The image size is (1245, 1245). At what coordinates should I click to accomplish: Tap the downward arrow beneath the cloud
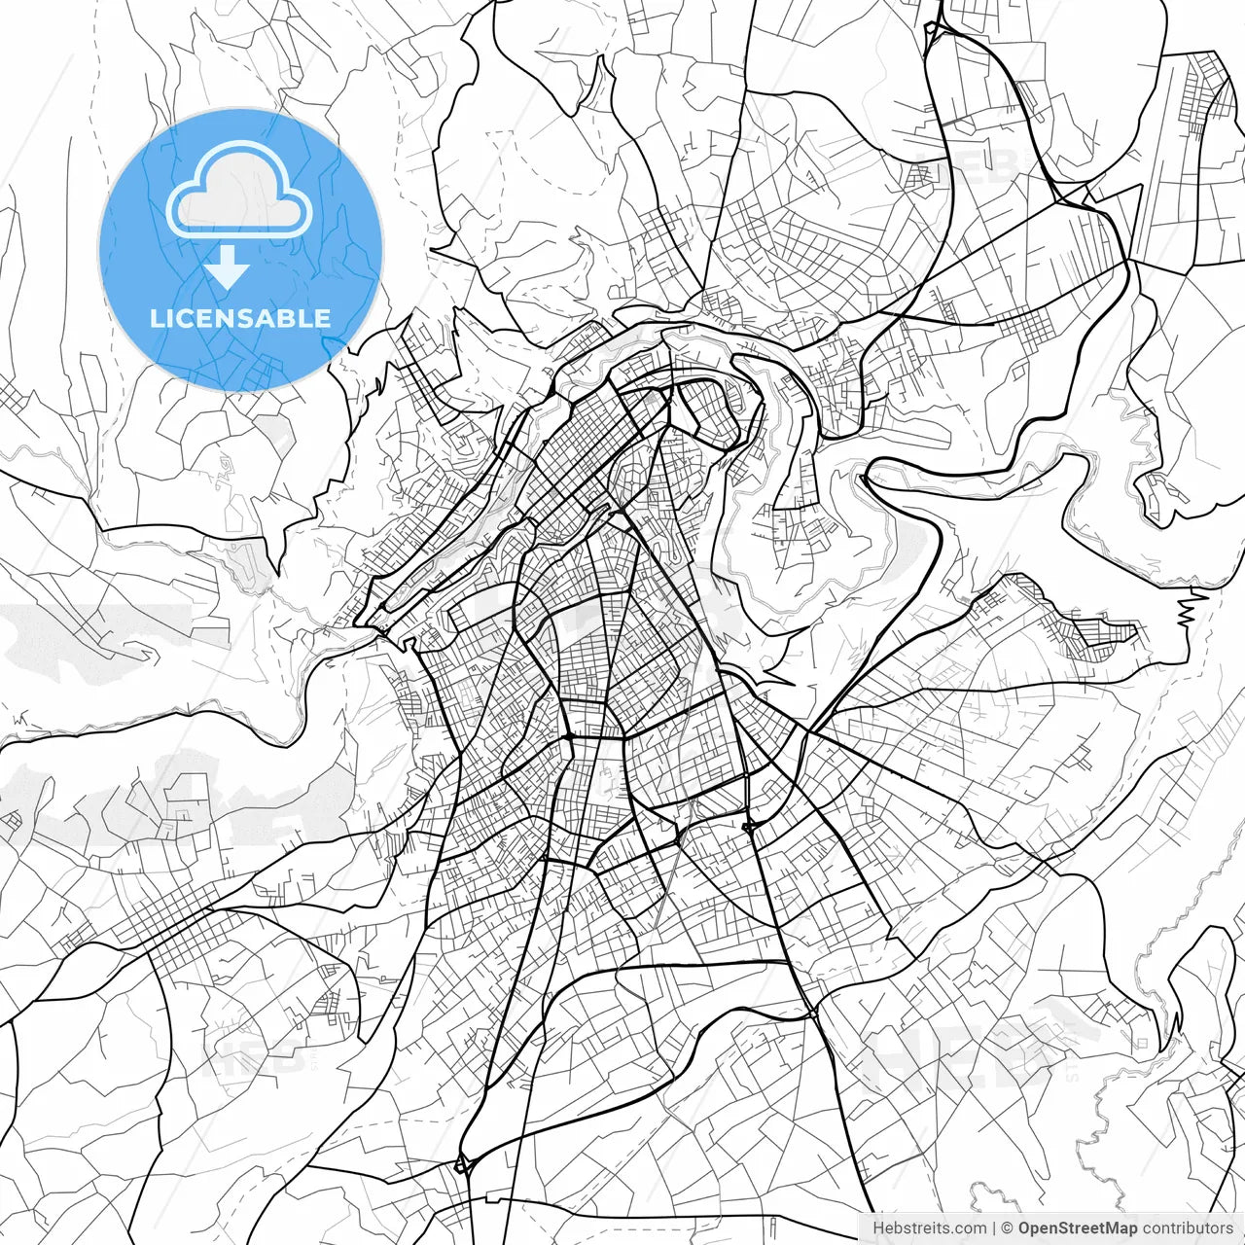point(228,267)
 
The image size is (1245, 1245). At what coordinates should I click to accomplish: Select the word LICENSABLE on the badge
point(240,318)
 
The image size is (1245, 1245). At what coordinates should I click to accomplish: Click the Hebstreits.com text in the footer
point(929,1228)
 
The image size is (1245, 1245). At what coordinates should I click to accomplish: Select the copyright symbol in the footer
point(1008,1228)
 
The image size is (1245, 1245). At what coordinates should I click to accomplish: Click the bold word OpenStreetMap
point(1077,1228)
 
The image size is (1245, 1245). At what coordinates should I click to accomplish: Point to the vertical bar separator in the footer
point(994,1228)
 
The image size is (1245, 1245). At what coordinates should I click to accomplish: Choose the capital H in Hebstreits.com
point(878,1228)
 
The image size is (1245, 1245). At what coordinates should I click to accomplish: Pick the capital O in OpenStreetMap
point(1025,1228)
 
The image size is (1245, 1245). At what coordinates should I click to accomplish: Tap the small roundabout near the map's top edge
point(932,30)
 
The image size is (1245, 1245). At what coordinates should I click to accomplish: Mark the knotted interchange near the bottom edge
point(463,1163)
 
